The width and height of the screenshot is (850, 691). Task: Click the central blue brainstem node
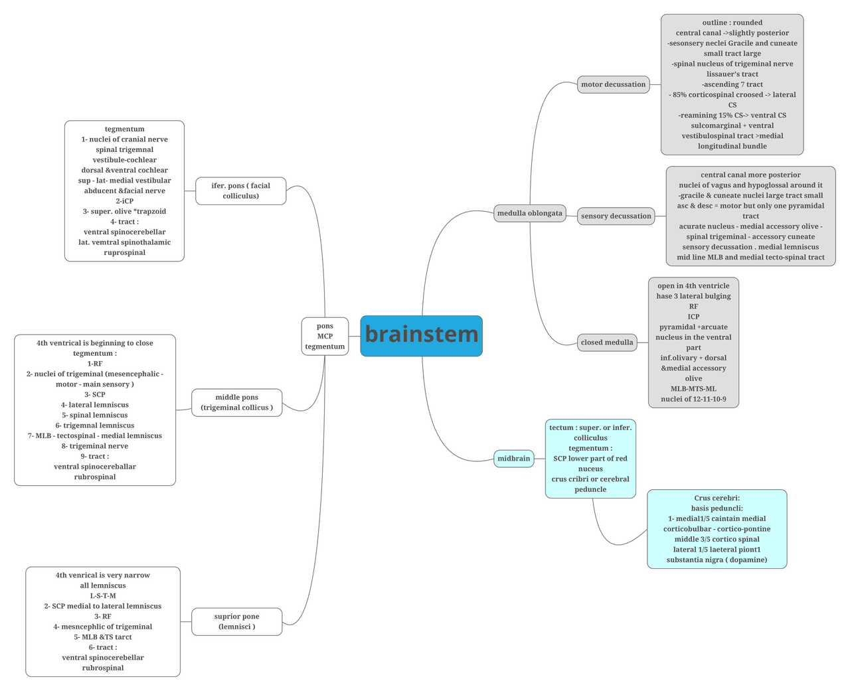(421, 335)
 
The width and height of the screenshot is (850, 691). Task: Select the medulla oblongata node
(529, 213)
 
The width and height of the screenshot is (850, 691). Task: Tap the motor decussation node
(613, 84)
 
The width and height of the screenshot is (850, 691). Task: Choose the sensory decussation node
(616, 216)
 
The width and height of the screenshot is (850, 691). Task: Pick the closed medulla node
(606, 343)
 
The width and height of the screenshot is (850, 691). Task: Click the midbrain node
(513, 459)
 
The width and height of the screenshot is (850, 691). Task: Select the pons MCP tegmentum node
(325, 336)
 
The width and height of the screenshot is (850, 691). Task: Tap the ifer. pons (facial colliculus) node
(240, 191)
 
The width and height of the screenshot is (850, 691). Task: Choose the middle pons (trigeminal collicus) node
(236, 402)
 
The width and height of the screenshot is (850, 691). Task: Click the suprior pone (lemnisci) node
(236, 621)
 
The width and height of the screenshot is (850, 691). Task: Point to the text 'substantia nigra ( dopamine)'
(717, 560)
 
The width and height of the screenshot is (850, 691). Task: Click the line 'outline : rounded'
(732, 23)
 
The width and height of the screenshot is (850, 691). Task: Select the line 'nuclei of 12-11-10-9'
(693, 399)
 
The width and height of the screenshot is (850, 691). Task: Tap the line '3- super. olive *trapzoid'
(124, 211)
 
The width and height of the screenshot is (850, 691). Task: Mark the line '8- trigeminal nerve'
(95, 446)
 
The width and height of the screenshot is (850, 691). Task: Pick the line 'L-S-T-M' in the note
(103, 595)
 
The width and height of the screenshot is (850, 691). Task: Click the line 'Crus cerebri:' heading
(717, 498)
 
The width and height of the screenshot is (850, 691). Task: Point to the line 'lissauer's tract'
(732, 74)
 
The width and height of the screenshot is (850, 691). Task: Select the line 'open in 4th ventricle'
(693, 286)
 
